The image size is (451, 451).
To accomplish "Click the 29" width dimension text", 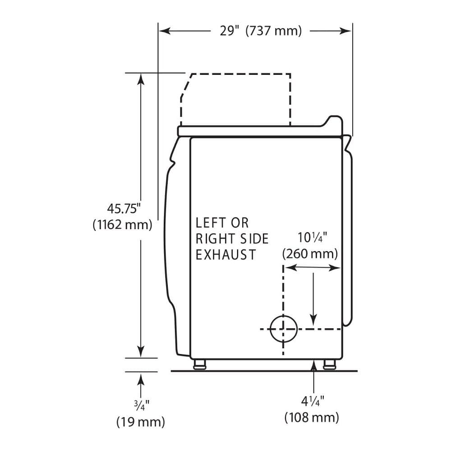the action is click(x=230, y=30).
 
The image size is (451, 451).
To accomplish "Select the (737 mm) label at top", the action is click(x=274, y=31).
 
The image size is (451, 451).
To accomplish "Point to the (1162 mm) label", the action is click(x=122, y=224).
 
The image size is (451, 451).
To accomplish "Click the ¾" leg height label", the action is click(x=141, y=405).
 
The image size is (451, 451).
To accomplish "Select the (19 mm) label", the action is click(x=141, y=422).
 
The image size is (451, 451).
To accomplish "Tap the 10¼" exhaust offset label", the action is click(x=312, y=238).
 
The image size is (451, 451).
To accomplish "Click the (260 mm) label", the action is click(x=310, y=253).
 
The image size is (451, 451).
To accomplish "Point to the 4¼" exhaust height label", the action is click(x=313, y=401).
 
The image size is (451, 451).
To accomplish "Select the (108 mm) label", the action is click(x=312, y=417).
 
